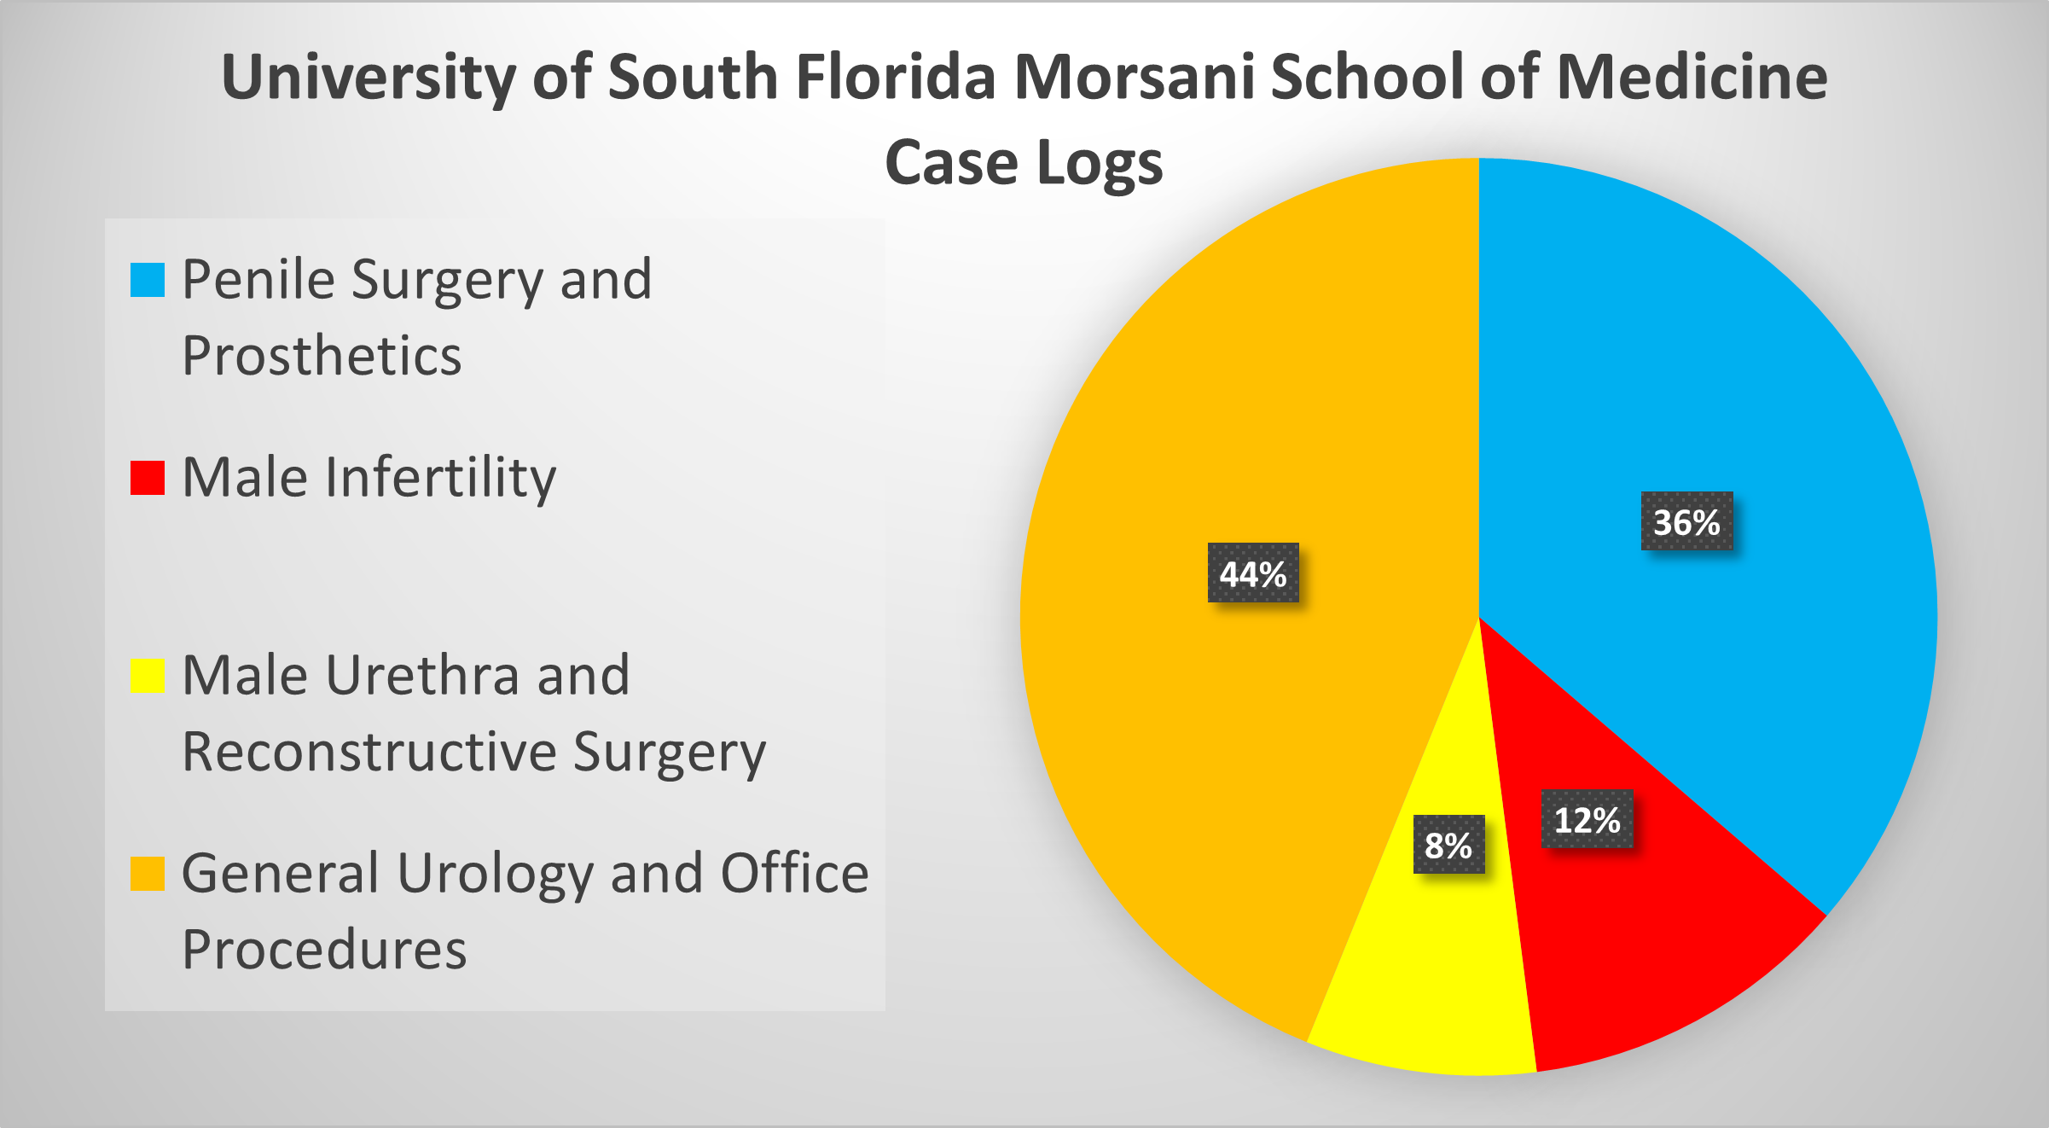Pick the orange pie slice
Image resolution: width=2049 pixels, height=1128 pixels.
[1211, 725]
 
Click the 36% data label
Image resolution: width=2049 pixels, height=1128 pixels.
[1686, 521]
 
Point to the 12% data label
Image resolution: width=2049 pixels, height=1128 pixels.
[1587, 820]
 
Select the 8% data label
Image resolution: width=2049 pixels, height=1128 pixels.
[1448, 845]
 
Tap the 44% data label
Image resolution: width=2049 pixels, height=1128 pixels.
[1253, 573]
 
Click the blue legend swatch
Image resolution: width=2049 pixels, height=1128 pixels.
[147, 280]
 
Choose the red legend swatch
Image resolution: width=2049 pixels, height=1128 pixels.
[147, 478]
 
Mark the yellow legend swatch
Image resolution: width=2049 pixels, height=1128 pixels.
[147, 676]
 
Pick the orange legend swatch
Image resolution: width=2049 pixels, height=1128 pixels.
[147, 874]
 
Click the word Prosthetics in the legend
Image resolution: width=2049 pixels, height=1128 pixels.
[322, 355]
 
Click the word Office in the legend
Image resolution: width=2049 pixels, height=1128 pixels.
[794, 874]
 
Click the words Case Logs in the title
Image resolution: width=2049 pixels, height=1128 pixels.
[1024, 162]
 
